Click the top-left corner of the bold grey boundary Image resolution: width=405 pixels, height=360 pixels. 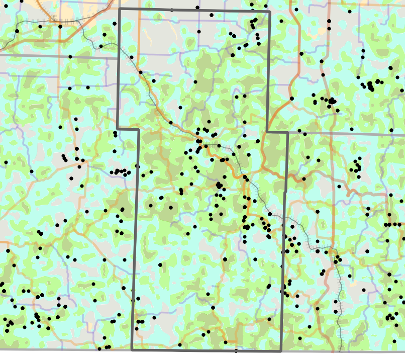tap(119, 9)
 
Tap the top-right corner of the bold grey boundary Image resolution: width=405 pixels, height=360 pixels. tap(269, 11)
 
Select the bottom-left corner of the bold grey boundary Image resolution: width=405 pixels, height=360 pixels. tap(132, 350)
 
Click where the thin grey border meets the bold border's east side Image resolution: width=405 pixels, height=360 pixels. tap(287, 133)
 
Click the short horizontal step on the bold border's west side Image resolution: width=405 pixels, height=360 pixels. tap(128, 129)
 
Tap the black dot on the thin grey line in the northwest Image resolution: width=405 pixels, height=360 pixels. tap(70, 56)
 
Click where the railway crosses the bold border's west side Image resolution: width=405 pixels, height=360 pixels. tap(119, 46)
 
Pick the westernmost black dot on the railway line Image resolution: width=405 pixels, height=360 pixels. tap(17, 31)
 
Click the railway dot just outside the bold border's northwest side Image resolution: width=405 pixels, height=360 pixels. tap(101, 46)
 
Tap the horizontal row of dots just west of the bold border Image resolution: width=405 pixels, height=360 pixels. tap(121, 172)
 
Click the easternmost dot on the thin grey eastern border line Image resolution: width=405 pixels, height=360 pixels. tap(391, 131)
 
